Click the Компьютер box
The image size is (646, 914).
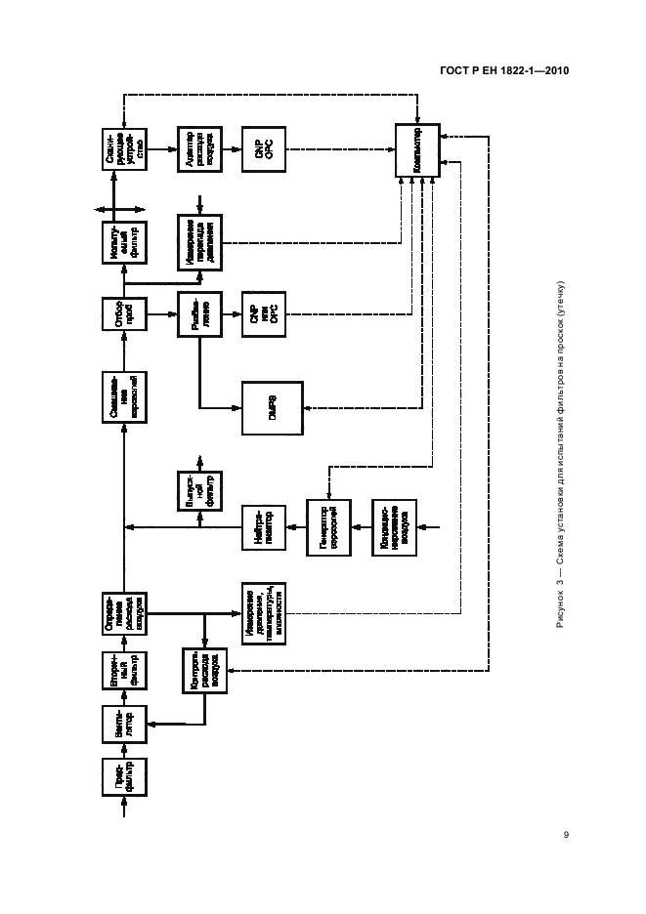coord(418,150)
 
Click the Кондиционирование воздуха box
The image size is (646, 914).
coord(395,528)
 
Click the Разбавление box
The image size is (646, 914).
coord(200,315)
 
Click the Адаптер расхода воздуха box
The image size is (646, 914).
coord(200,150)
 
